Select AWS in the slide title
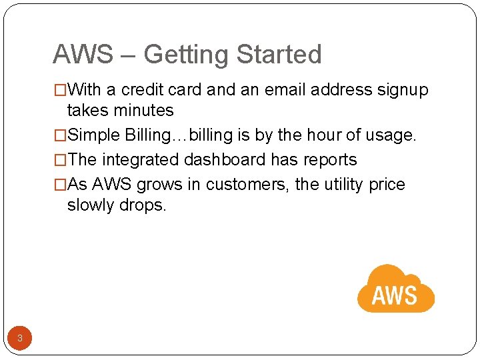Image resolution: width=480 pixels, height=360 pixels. (x=83, y=55)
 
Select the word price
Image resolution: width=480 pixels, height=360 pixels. (x=387, y=185)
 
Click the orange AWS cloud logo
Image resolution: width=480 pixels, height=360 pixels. (x=395, y=289)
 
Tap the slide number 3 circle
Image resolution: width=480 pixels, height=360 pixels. (x=20, y=338)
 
